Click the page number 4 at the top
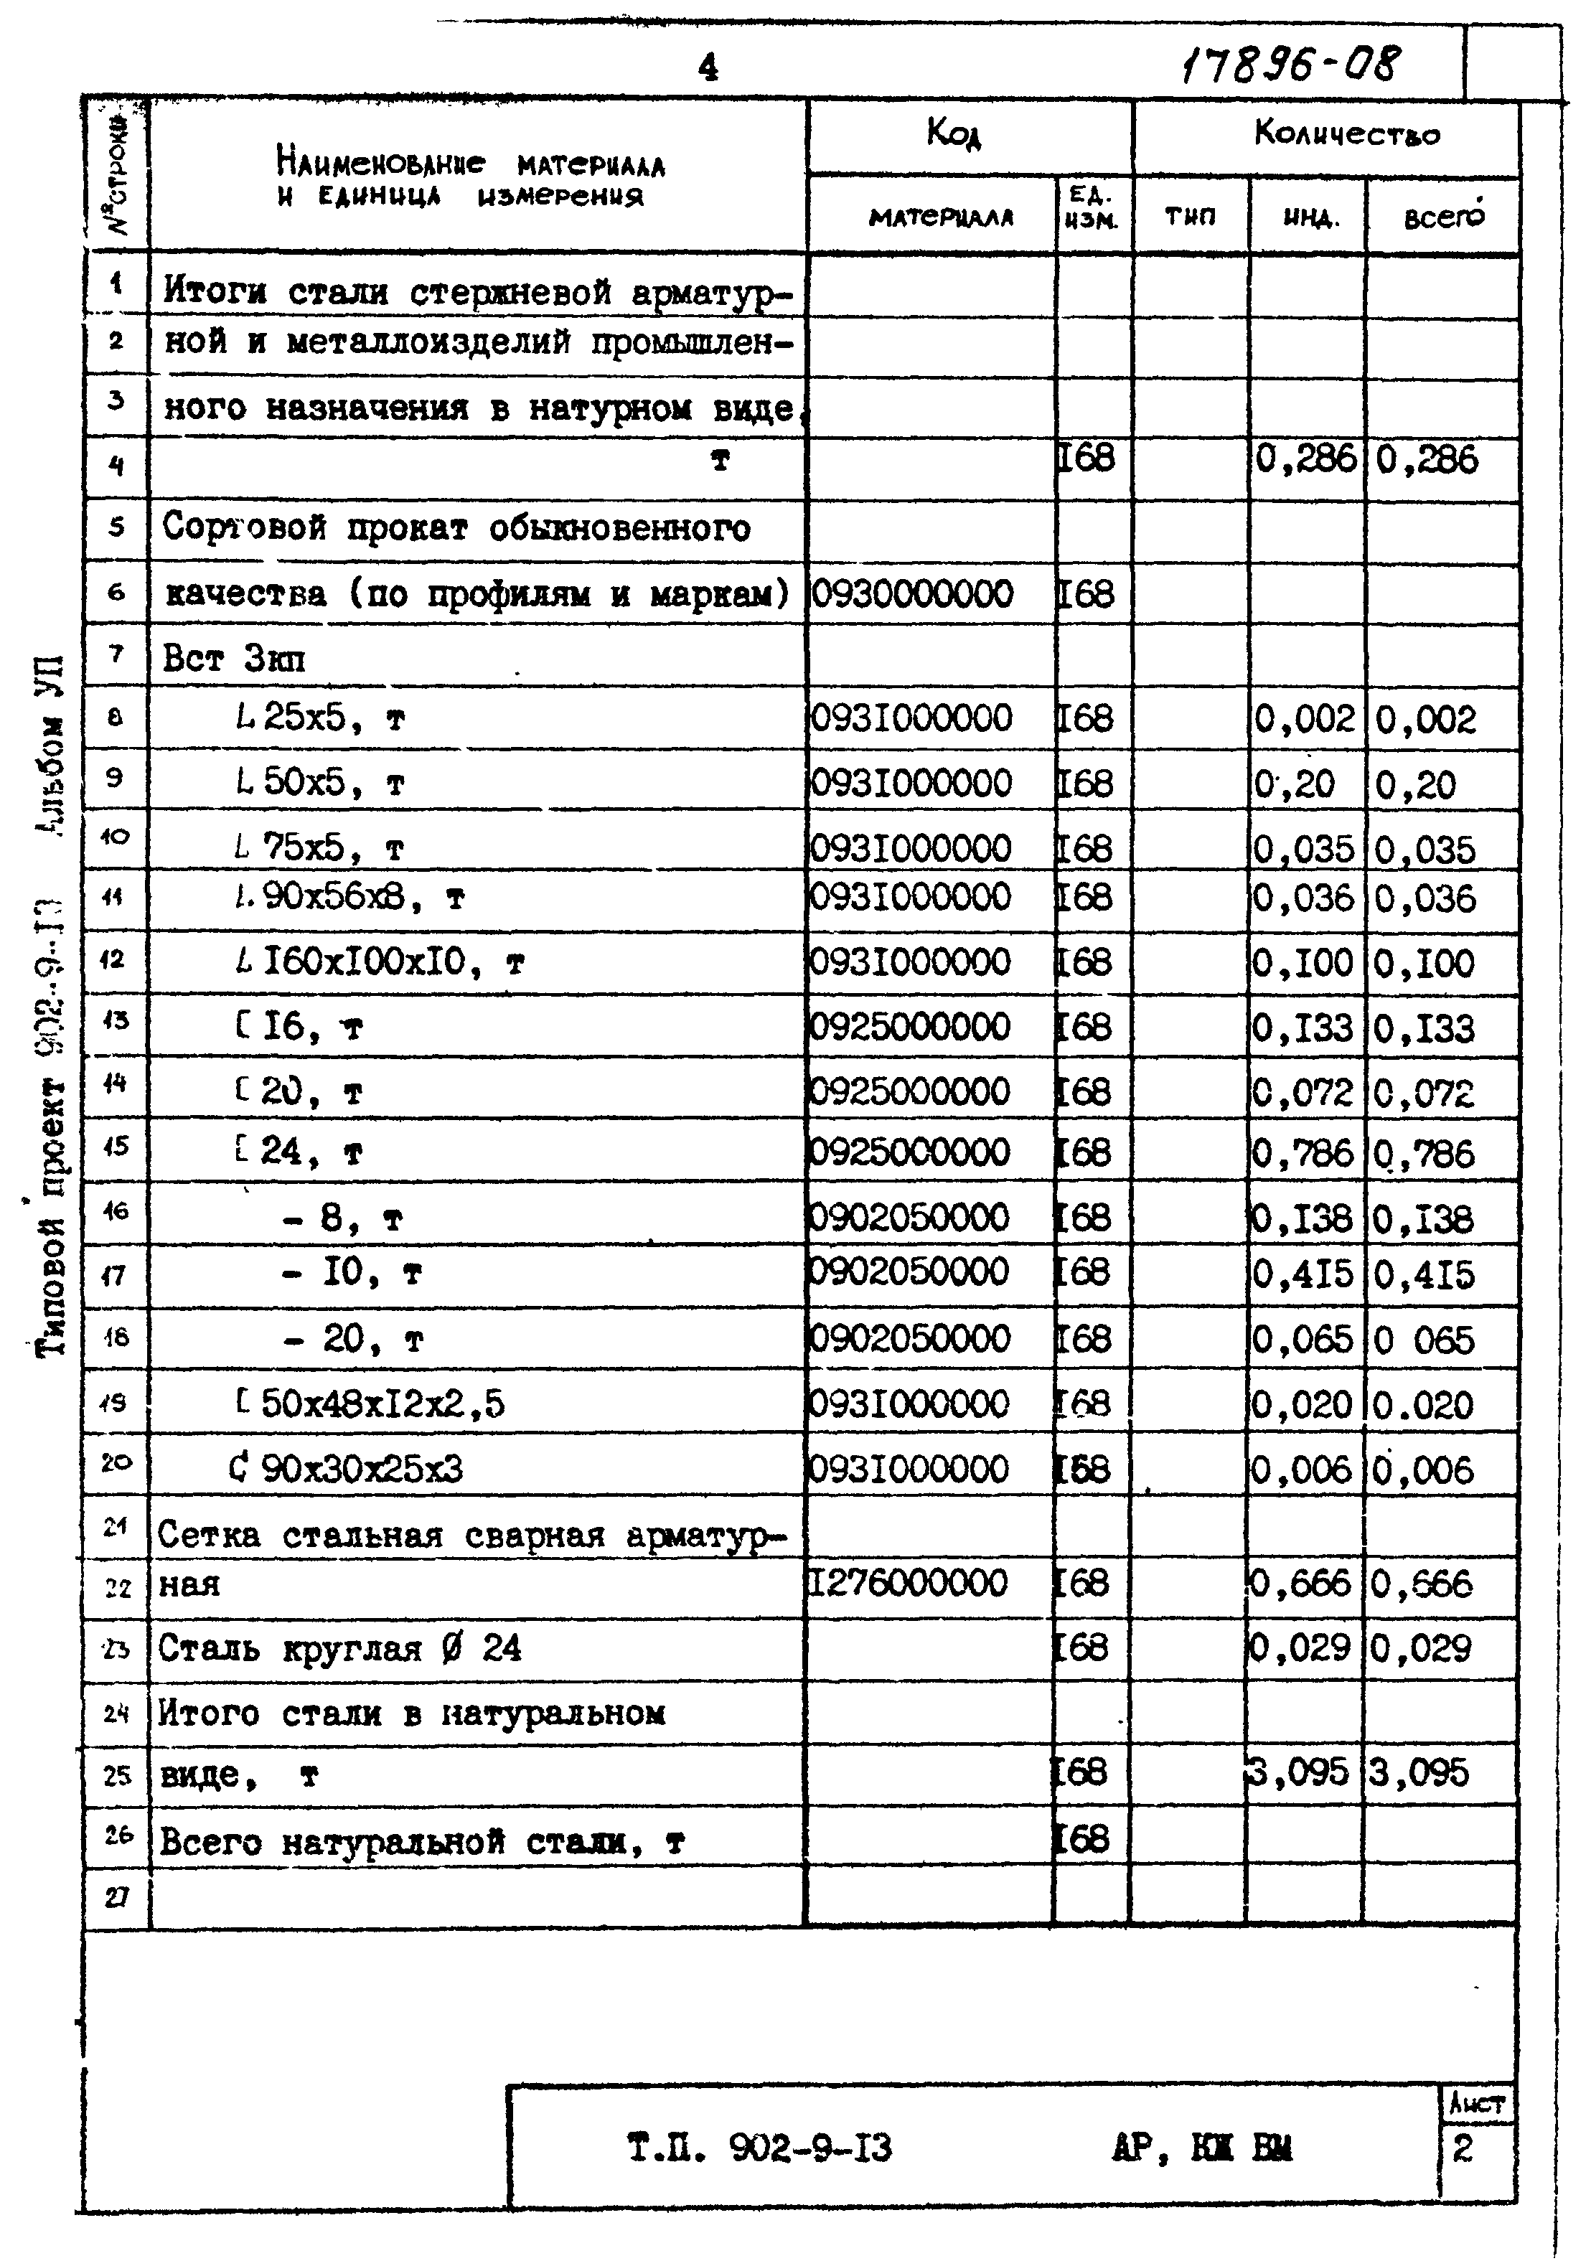708,67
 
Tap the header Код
954,132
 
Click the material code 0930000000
913,594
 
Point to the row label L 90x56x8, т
349,898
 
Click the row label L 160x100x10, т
380,962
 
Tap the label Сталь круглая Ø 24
339,1649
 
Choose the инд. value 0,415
1303,1275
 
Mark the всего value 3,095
1419,1774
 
